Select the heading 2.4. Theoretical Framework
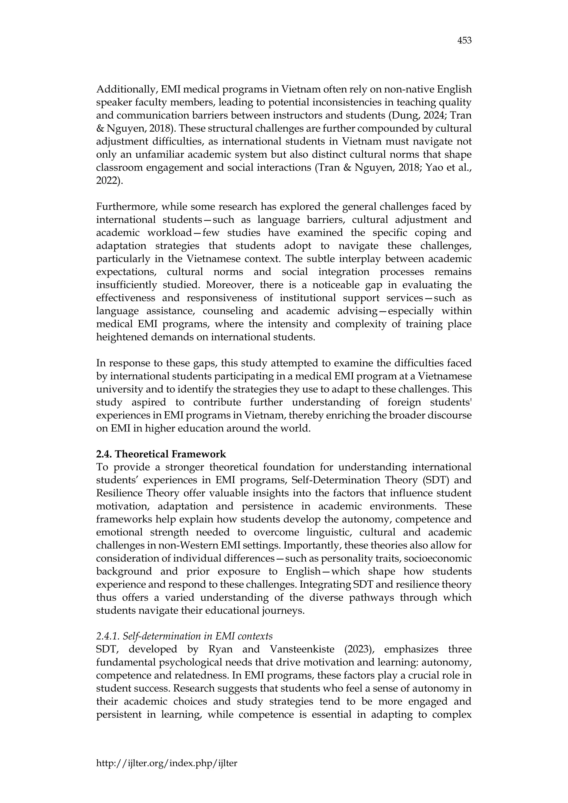(x=161, y=454)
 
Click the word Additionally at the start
(x=127, y=90)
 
